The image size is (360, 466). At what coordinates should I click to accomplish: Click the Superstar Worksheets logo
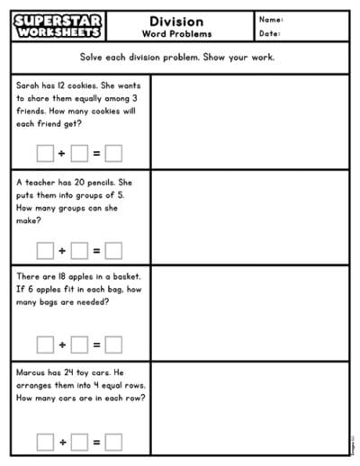tap(58, 27)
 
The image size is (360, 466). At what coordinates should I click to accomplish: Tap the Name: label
tap(272, 20)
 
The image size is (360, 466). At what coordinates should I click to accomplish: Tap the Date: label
tap(270, 34)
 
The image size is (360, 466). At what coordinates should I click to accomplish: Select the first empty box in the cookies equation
tap(45, 153)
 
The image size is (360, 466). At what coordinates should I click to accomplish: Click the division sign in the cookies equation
tap(62, 153)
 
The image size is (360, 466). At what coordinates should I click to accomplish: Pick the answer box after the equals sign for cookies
tap(113, 153)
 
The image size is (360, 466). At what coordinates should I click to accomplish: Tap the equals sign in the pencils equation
tap(96, 250)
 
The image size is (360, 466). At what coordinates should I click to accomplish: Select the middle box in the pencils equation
tap(79, 250)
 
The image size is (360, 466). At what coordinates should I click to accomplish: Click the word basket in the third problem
tap(123, 277)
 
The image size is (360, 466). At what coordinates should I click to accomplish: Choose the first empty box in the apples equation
tap(45, 345)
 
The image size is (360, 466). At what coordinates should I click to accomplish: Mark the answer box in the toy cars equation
tap(113, 442)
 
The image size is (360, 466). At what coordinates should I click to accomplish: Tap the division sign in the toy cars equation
tap(62, 442)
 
